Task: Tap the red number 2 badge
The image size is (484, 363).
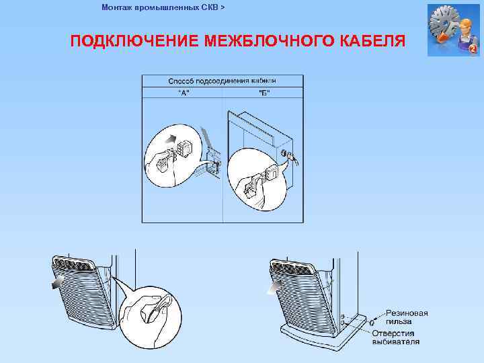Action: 473,50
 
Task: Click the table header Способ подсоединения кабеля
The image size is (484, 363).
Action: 222,81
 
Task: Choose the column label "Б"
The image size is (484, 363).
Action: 264,92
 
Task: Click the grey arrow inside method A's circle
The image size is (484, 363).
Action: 169,142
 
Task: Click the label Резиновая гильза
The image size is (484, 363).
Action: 407,317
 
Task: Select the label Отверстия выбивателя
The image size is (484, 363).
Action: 397,337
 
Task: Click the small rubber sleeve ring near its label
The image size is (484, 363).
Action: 372,323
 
